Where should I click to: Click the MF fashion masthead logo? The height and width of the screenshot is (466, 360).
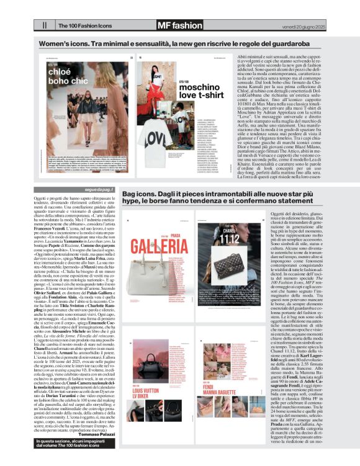[x=162, y=25]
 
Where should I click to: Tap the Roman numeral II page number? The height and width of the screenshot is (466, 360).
[x=44, y=26]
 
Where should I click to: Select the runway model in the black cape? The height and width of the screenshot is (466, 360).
[x=62, y=122]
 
